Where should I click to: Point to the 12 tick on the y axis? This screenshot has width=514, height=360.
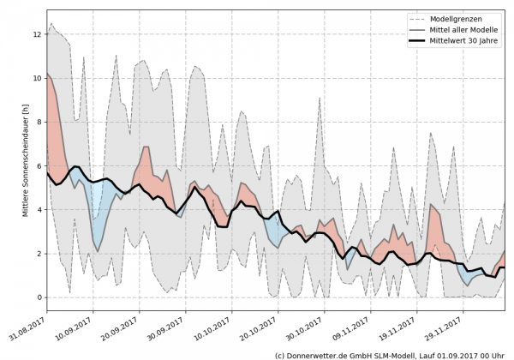pos(36,34)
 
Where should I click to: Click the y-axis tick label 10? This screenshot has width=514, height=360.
pos(36,78)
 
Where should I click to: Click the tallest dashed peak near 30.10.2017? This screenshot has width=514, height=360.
pos(320,99)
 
